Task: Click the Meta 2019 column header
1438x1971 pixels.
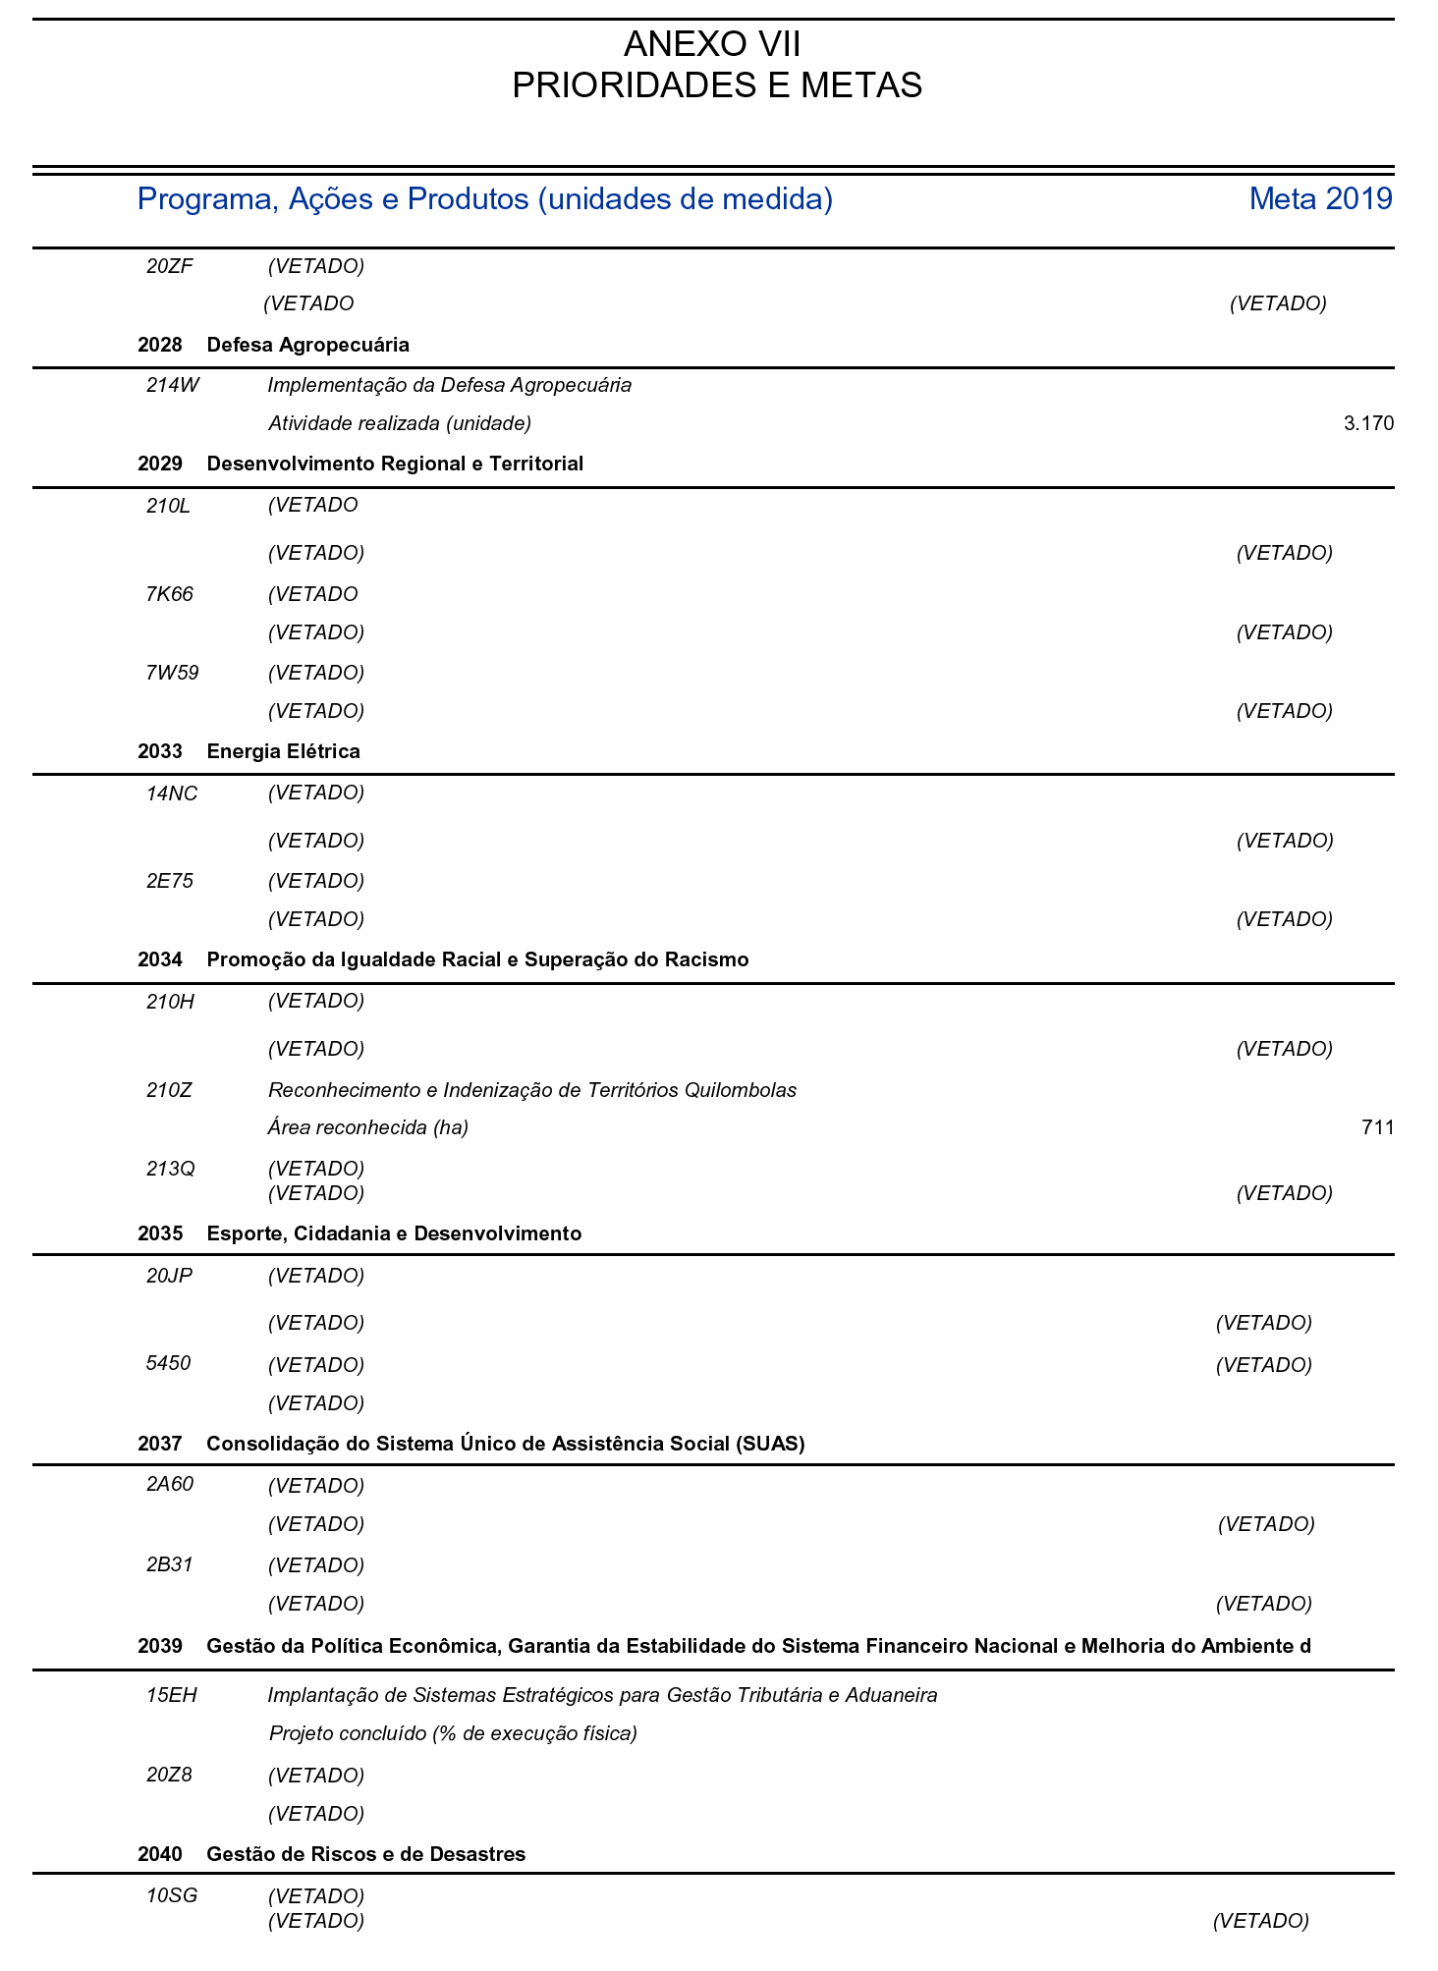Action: pyautogui.click(x=1320, y=199)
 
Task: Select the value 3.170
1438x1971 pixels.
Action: pyautogui.click(x=1368, y=424)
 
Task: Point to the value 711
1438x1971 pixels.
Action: pyautogui.click(x=1377, y=1127)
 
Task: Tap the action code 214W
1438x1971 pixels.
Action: pyautogui.click(x=172, y=385)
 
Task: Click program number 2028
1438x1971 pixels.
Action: pyautogui.click(x=160, y=345)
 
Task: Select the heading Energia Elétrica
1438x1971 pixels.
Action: pyautogui.click(x=283, y=751)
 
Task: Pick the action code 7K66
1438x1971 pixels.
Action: pyautogui.click(x=170, y=594)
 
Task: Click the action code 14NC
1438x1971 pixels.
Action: pyautogui.click(x=172, y=794)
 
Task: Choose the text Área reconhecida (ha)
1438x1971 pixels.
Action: pyautogui.click(x=368, y=1127)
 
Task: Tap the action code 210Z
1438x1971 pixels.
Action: pyautogui.click(x=170, y=1089)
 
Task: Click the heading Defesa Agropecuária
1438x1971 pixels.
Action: pyautogui.click(x=307, y=345)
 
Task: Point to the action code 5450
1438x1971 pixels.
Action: pyautogui.click(x=168, y=1363)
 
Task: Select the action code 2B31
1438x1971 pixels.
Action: pyautogui.click(x=170, y=1564)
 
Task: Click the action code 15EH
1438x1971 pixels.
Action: pyautogui.click(x=172, y=1695)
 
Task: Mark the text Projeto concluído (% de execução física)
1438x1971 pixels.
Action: pyautogui.click(x=453, y=1733)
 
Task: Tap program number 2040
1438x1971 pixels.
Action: pyautogui.click(x=160, y=1854)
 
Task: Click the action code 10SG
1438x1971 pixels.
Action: pyautogui.click(x=172, y=1895)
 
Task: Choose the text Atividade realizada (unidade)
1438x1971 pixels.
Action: pyautogui.click(x=400, y=424)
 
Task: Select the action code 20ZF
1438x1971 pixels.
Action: pyautogui.click(x=170, y=265)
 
